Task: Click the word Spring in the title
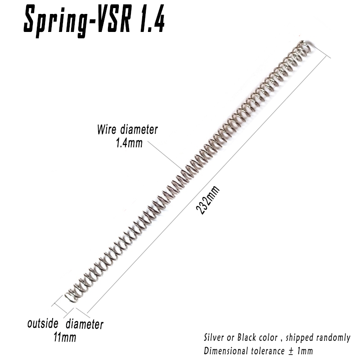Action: (55, 21)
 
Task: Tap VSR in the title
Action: (114, 19)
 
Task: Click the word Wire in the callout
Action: (107, 129)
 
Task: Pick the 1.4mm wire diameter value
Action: (129, 143)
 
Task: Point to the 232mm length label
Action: (208, 200)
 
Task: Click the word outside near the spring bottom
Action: (43, 323)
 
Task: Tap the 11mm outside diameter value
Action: (65, 337)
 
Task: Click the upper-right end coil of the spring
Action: (305, 47)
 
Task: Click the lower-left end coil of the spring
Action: (71, 297)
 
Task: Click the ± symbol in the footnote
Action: (291, 351)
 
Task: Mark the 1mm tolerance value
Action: (305, 351)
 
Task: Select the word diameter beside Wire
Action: (139, 130)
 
